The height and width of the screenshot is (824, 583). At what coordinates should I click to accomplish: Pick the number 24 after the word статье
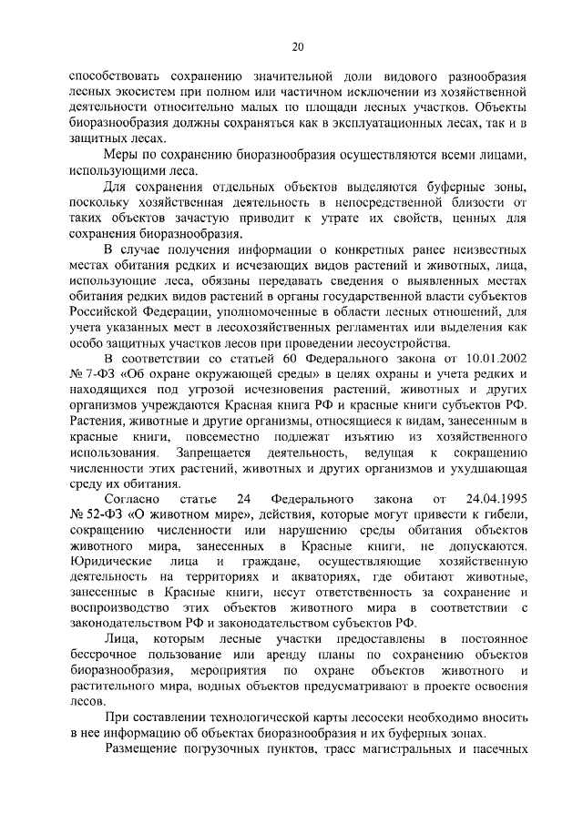(x=242, y=500)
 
